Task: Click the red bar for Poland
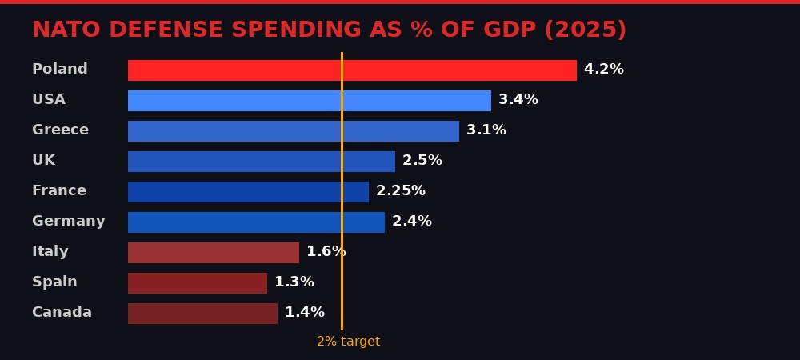tap(352, 70)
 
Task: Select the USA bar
tap(310, 101)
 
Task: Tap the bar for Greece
tap(294, 131)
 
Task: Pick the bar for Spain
tap(198, 283)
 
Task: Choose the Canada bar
tap(202, 314)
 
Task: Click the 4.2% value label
tap(604, 70)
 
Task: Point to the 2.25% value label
tap(401, 191)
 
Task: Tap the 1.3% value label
tap(294, 282)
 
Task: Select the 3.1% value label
tap(486, 130)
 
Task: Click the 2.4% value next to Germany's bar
tap(412, 222)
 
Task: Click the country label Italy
tap(50, 252)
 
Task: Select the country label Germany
tap(69, 222)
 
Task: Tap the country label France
tap(59, 191)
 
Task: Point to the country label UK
tap(44, 161)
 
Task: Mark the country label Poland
tap(60, 70)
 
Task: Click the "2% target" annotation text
tap(348, 342)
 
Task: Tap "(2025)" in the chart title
tap(586, 30)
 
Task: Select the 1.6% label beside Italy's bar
tap(326, 252)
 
